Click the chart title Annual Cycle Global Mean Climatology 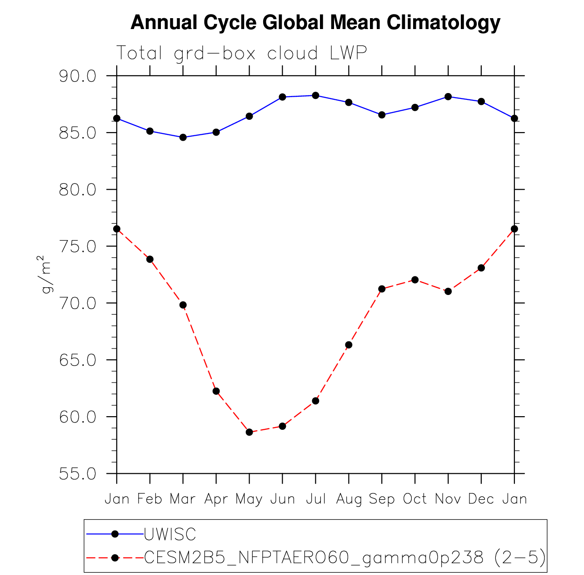tap(315, 23)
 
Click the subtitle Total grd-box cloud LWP tap(241, 54)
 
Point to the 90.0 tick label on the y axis tap(78, 76)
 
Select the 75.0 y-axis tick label tap(78, 246)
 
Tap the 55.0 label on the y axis tap(78, 474)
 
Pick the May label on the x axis tap(249, 499)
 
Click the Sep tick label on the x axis tap(382, 499)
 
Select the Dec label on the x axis tap(481, 499)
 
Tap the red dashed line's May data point tap(249, 432)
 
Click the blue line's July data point tap(315, 95)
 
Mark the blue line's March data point tap(183, 137)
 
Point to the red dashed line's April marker tap(216, 391)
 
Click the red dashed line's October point tap(415, 280)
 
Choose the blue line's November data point tap(448, 97)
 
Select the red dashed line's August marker tap(349, 345)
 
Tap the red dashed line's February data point tap(150, 259)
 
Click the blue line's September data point tap(382, 115)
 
